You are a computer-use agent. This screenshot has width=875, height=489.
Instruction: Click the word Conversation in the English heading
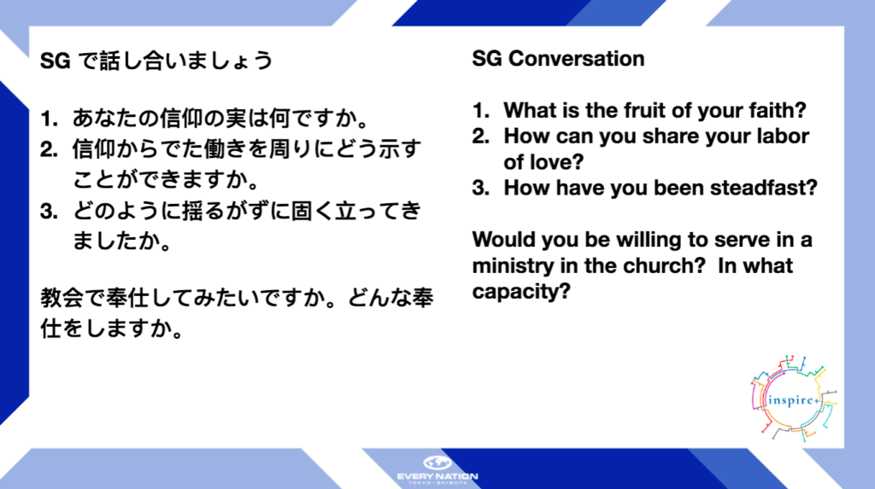click(577, 59)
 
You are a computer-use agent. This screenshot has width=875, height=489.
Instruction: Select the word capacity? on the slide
click(521, 292)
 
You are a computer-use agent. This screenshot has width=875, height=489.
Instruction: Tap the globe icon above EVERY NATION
click(437, 463)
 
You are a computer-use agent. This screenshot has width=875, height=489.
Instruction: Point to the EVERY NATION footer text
click(437, 476)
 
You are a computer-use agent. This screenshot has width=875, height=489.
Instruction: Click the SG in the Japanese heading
click(56, 61)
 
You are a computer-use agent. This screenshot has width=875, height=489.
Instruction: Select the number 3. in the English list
click(481, 188)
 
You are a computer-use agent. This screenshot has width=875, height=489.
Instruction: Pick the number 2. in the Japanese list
click(49, 149)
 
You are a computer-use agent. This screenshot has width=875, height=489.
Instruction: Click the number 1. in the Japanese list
click(49, 119)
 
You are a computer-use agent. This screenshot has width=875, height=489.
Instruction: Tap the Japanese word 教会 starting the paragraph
click(62, 299)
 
